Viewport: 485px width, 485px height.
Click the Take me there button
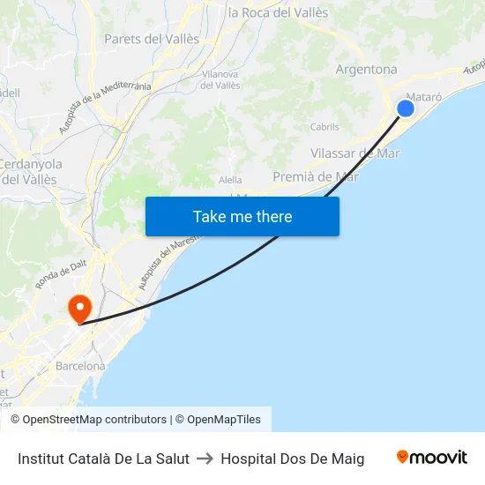pyautogui.click(x=242, y=216)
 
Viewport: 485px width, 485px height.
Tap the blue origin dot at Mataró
pyautogui.click(x=406, y=108)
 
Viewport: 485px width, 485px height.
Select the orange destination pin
pyautogui.click(x=79, y=309)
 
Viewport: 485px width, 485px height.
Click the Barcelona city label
pyautogui.click(x=79, y=366)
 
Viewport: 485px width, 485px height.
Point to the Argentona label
pyautogui.click(x=366, y=70)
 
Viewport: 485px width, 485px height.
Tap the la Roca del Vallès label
pyautogui.click(x=278, y=13)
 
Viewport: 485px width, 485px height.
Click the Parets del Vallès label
pyautogui.click(x=152, y=39)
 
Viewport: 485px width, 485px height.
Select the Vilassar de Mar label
pyautogui.click(x=355, y=153)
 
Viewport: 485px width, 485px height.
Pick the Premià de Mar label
pyautogui.click(x=316, y=176)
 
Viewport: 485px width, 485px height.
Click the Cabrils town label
pyautogui.click(x=325, y=127)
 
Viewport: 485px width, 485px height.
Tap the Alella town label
pyautogui.click(x=230, y=180)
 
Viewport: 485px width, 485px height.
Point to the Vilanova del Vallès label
pyautogui.click(x=220, y=80)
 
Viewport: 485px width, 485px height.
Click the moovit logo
pyautogui.click(x=431, y=457)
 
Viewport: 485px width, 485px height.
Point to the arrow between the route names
pyautogui.click(x=205, y=458)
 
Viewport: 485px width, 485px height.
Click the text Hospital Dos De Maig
pyautogui.click(x=292, y=458)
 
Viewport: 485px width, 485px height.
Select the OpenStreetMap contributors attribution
pyautogui.click(x=88, y=420)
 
